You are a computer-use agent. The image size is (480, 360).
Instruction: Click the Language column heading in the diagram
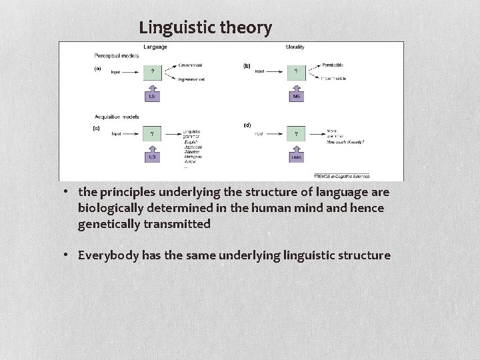pos(155,47)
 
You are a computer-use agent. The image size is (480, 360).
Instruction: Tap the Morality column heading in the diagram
pos(295,47)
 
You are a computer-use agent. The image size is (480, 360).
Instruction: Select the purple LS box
pos(153,97)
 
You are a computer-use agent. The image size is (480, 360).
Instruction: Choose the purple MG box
pos(295,97)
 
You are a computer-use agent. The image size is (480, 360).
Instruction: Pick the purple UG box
pos(153,157)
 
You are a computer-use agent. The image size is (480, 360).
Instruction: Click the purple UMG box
pos(295,157)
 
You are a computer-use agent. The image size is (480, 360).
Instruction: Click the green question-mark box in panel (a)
pos(153,71)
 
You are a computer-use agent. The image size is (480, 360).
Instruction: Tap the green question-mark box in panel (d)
pos(295,134)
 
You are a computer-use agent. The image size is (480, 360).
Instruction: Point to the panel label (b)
pos(247,66)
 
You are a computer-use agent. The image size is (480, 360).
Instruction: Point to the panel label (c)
pos(97,128)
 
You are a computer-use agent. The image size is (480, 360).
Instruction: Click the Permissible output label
pos(332,65)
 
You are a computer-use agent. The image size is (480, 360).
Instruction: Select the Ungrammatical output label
pos(191,79)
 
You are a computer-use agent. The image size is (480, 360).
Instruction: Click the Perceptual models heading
pos(117,55)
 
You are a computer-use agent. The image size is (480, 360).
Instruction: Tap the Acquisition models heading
pos(117,117)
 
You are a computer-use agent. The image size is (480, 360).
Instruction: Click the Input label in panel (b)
pos(260,71)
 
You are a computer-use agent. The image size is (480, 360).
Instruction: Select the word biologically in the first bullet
pos(111,208)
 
